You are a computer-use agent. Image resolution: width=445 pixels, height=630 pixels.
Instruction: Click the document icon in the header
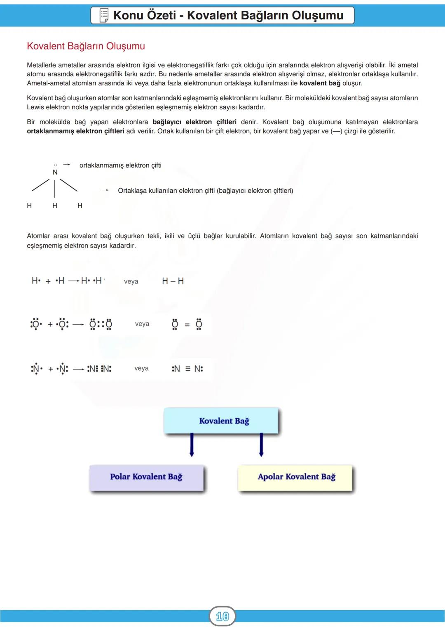pos(104,15)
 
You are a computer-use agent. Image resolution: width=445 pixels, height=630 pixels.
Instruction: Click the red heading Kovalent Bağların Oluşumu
pos(86,46)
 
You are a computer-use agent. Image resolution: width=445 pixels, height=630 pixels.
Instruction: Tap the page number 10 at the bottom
pos(222,616)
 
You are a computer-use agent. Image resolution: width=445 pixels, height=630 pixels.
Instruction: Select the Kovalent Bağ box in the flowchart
pos(221,421)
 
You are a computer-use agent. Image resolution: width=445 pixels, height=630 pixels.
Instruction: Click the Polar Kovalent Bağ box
pos(146,477)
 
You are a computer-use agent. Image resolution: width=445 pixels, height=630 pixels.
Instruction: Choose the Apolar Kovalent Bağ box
pos(296,477)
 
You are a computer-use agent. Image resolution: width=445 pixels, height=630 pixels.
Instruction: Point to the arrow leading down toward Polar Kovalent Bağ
pos(192,445)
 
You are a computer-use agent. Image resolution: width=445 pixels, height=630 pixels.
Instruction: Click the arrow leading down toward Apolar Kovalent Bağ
pos(261,445)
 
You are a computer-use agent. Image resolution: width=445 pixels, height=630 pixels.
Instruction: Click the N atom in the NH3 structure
pos(55,172)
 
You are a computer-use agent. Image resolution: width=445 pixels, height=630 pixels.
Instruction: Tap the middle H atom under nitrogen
pos(55,205)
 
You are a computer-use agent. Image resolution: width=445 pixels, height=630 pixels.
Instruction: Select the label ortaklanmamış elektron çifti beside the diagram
pos(120,165)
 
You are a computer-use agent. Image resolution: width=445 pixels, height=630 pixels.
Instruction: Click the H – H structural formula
pos(173,281)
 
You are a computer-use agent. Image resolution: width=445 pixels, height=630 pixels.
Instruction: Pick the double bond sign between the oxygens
pos(187,325)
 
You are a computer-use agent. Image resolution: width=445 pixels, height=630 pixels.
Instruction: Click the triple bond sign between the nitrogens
pos(187,369)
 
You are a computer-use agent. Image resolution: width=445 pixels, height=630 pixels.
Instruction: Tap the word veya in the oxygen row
pos(142,324)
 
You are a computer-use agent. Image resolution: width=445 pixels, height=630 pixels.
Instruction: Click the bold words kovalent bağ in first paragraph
pos(320,83)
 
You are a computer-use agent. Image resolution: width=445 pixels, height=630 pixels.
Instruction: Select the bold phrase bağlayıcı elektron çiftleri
pos(194,122)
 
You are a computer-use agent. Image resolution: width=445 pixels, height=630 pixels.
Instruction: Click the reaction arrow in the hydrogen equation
pos(74,281)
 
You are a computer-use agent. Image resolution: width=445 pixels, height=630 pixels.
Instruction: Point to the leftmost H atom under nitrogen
pos(29,205)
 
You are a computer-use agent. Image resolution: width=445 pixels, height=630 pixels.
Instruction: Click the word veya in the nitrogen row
pos(141,368)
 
